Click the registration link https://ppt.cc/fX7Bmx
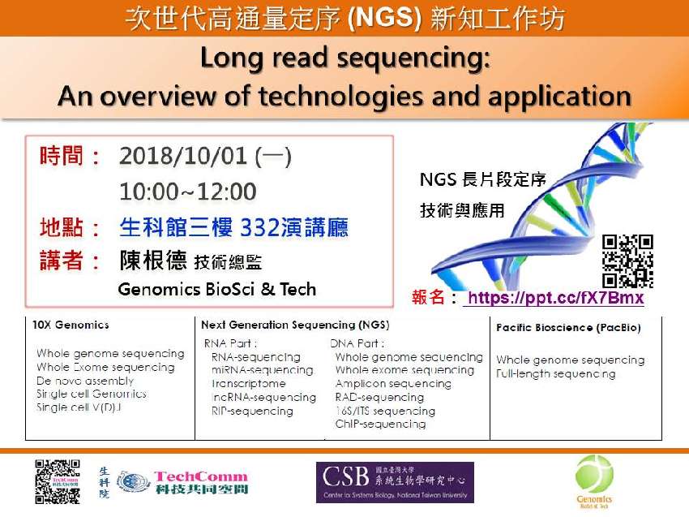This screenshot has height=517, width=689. [x=554, y=298]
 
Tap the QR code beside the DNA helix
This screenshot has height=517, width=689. [x=627, y=261]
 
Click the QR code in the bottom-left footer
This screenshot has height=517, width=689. [x=58, y=482]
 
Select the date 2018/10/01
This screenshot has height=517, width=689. [x=184, y=156]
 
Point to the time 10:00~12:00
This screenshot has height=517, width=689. [x=187, y=192]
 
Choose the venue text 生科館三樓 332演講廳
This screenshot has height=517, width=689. [x=233, y=227]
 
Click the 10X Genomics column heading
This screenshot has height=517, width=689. [x=71, y=325]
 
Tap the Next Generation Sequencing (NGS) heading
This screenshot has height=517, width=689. [x=295, y=325]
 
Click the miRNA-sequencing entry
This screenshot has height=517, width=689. [x=261, y=370]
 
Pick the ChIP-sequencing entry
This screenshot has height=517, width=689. [x=380, y=424]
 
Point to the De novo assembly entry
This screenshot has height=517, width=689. [x=85, y=380]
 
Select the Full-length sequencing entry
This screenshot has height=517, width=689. [x=556, y=373]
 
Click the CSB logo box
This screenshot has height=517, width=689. [x=395, y=482]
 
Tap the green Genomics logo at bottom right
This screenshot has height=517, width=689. [x=593, y=480]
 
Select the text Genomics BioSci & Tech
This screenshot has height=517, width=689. [x=216, y=289]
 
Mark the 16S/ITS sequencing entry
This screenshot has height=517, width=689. [x=385, y=411]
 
